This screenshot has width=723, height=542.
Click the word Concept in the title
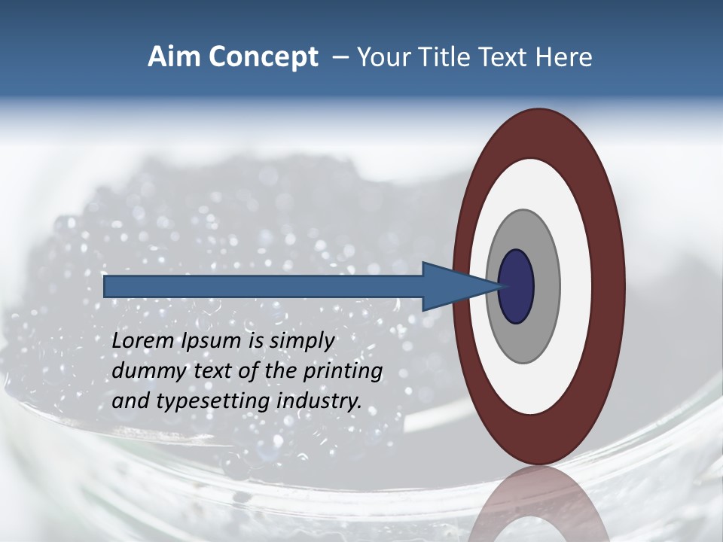pos(264,57)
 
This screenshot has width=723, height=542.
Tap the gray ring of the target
pos(545,286)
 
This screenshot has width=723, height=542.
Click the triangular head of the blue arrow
pos(452,286)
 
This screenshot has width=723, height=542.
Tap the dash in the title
pos(340,57)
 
